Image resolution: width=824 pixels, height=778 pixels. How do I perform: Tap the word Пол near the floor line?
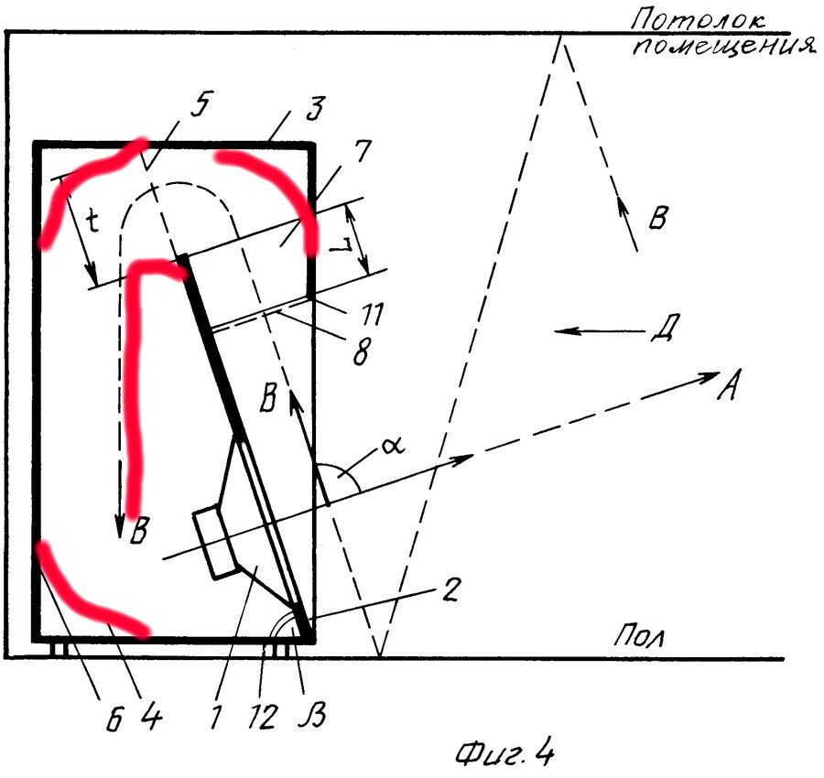pyautogui.click(x=638, y=637)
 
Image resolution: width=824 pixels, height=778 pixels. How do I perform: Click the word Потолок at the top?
pyautogui.click(x=698, y=20)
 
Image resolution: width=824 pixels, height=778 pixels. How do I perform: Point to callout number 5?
pyautogui.click(x=201, y=108)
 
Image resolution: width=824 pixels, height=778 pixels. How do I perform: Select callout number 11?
pyautogui.click(x=373, y=315)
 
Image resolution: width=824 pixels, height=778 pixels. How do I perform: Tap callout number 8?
pyautogui.click(x=362, y=350)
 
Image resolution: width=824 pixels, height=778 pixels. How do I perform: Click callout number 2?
pyautogui.click(x=450, y=590)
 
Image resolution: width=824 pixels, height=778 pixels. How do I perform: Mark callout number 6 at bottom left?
pyautogui.click(x=114, y=719)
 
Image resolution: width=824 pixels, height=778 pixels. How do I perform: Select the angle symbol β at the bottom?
pyautogui.click(x=314, y=715)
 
